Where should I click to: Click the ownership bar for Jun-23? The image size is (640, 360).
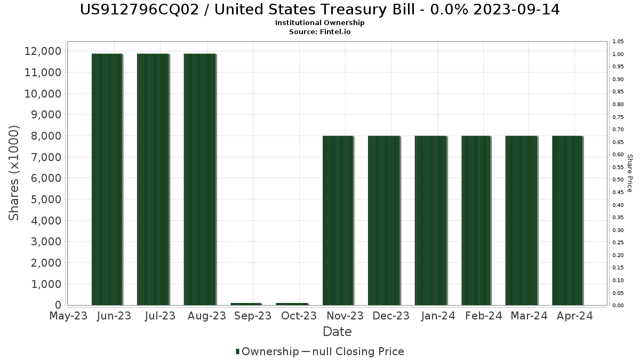[x=107, y=179]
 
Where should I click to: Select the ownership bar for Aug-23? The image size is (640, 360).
[x=199, y=179]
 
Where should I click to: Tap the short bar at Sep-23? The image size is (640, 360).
[x=246, y=304]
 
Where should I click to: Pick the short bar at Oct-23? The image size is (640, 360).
[x=292, y=304]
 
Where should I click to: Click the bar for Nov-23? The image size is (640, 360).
[x=338, y=220]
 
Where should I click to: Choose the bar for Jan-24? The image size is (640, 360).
[x=430, y=220]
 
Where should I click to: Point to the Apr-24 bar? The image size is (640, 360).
[x=567, y=220]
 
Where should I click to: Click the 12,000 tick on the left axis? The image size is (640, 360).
[x=42, y=51]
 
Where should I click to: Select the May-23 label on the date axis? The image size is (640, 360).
[x=68, y=316]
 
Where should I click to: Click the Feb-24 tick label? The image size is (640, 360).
[x=484, y=316]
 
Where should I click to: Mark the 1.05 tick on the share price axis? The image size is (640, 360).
[x=618, y=42]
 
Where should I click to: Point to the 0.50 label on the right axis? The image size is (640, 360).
[x=618, y=180]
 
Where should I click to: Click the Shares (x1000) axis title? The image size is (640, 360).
[x=14, y=173]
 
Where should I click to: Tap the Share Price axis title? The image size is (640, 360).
[x=629, y=173]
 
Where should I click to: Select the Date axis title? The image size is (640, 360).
[x=337, y=332]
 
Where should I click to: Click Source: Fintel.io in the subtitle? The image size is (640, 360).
[x=320, y=31]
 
